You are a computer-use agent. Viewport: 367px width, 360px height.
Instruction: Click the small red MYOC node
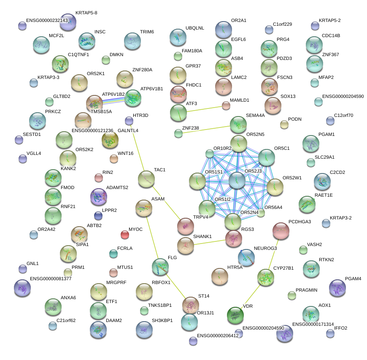tap(124, 234)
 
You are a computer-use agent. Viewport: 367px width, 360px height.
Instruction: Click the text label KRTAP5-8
tap(86, 13)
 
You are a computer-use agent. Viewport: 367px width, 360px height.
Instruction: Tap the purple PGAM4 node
tap(337, 288)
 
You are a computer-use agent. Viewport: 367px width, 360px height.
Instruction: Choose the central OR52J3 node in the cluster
tap(237, 180)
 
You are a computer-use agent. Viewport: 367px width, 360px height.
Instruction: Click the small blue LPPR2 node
tap(98, 216)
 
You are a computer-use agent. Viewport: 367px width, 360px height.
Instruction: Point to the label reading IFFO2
tap(341, 328)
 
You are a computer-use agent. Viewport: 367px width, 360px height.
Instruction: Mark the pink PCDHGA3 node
tap(281, 230)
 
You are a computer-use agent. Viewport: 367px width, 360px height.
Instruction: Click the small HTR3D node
tap(129, 121)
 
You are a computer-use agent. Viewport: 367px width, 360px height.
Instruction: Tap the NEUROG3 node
tap(246, 257)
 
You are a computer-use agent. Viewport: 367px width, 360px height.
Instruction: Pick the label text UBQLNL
tap(194, 28)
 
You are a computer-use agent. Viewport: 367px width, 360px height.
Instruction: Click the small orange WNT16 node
tap(113, 159)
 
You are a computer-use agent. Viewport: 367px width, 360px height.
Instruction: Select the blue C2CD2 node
tap(322, 181)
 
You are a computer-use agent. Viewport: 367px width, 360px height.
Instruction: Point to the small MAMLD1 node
tap(226, 106)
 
